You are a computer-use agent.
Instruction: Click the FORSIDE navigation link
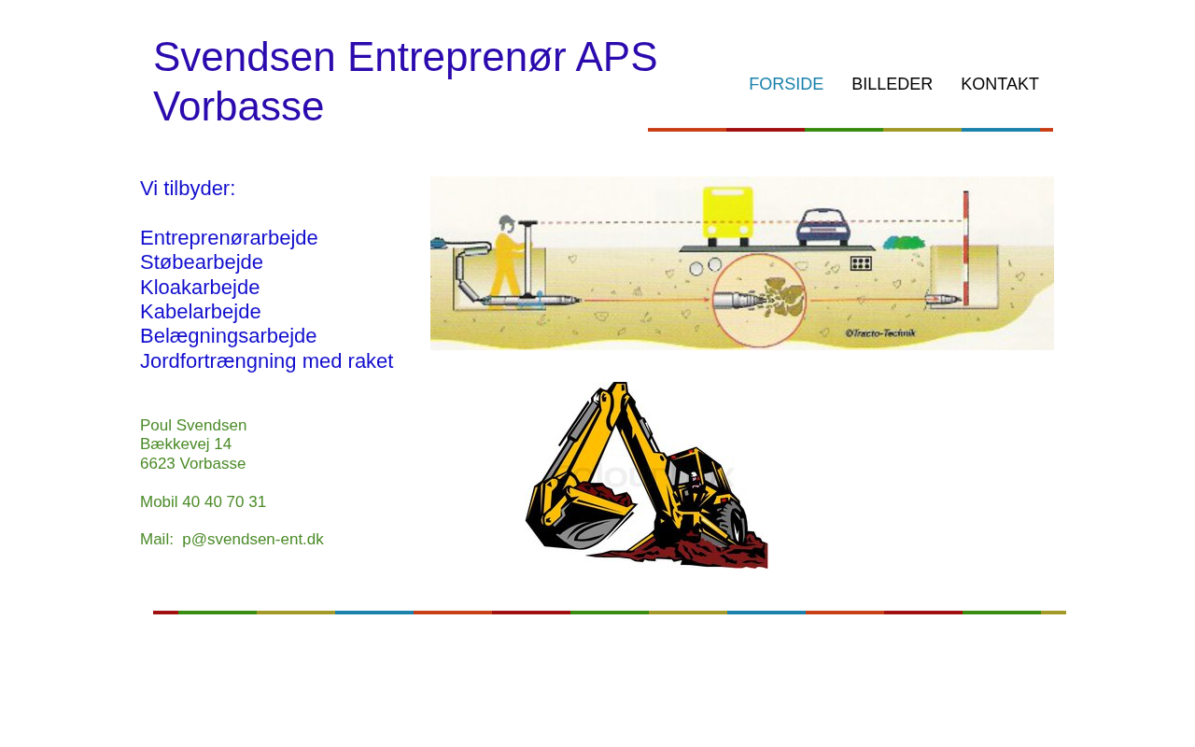click(x=786, y=84)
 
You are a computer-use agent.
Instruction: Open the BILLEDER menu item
click(x=892, y=84)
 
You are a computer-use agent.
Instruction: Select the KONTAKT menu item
click(x=1000, y=84)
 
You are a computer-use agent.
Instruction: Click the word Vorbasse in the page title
click(x=238, y=106)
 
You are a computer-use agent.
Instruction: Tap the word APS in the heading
click(x=616, y=57)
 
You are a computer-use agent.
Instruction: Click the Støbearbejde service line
click(x=201, y=262)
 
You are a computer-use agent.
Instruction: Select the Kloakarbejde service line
click(x=200, y=287)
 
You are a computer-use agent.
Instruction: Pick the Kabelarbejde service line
click(x=200, y=311)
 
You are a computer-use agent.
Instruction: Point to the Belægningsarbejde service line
click(x=229, y=336)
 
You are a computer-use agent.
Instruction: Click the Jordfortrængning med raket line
click(x=266, y=361)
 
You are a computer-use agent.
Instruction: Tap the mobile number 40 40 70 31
click(x=223, y=501)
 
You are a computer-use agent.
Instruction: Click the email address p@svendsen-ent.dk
click(x=253, y=539)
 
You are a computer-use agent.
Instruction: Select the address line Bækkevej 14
click(x=186, y=444)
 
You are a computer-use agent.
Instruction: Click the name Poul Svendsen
click(x=193, y=425)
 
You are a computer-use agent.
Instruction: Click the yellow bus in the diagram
click(x=727, y=215)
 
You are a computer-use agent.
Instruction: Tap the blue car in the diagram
click(x=822, y=227)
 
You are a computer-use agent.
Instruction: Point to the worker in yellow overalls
click(x=507, y=261)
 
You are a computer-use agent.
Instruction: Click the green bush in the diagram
click(x=903, y=243)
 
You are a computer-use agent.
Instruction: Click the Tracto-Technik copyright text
click(x=880, y=333)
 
